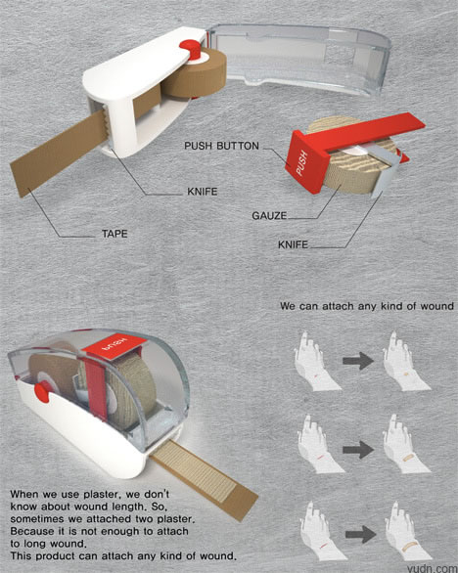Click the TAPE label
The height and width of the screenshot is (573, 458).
point(114,234)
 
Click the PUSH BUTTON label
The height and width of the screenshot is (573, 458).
point(221,146)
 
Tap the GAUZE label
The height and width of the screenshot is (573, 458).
point(269,215)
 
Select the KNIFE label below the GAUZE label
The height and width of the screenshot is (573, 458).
point(293,244)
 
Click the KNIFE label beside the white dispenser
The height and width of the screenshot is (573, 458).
point(203,192)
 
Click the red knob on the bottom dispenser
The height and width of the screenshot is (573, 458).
point(42,391)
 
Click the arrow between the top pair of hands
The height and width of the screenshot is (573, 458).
point(358,361)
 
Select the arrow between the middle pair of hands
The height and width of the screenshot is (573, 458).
point(358,450)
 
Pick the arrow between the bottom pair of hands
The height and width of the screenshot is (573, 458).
point(361,535)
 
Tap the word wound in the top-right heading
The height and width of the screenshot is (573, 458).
point(436,305)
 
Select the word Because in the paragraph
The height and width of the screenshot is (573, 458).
point(30,531)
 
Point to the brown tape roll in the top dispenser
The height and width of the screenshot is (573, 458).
point(193,75)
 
